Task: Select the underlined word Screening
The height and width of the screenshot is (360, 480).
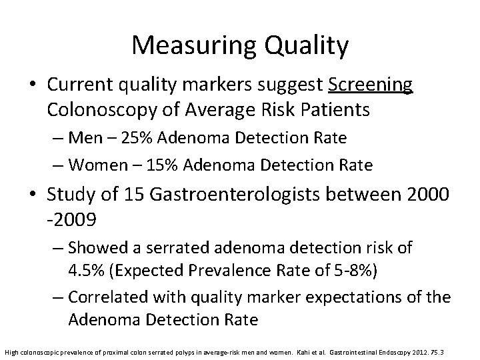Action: (x=371, y=86)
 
